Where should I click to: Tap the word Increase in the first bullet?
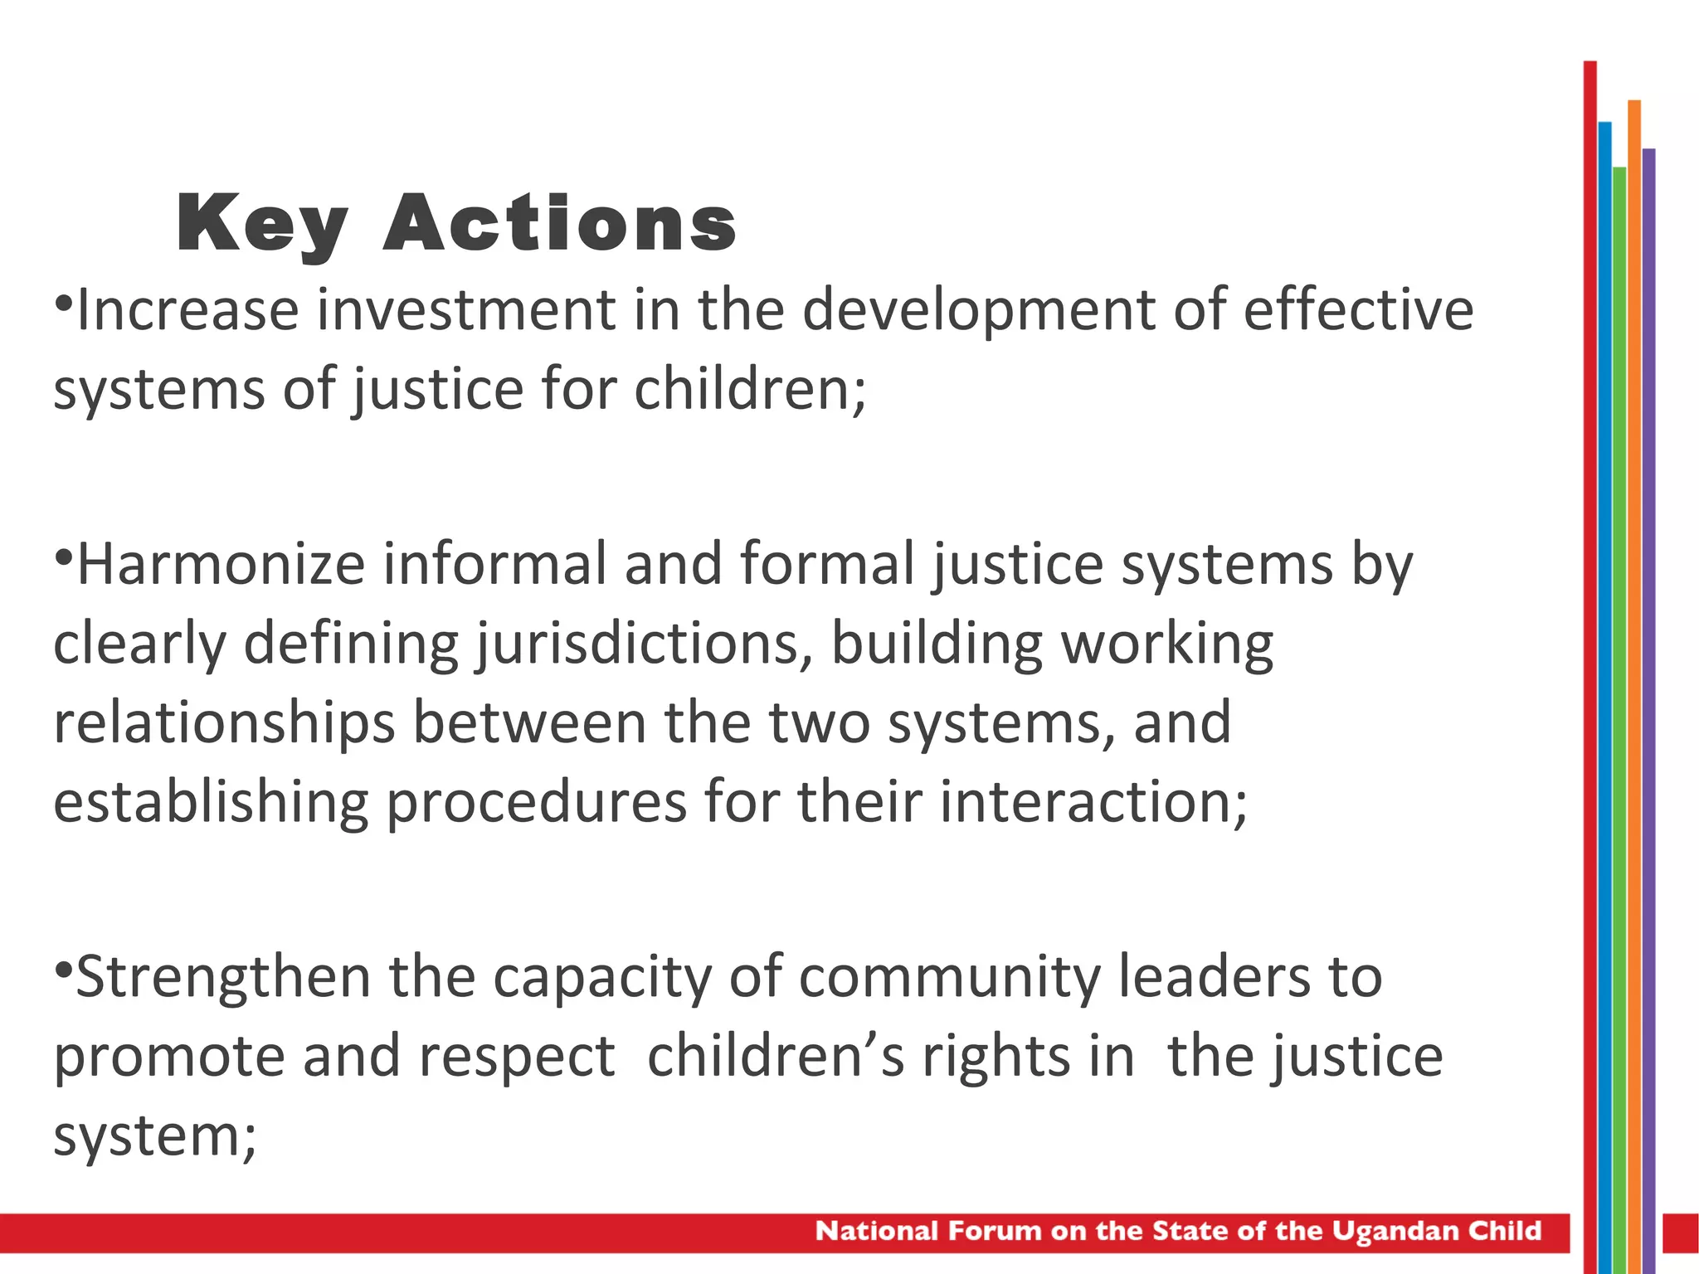tap(187, 310)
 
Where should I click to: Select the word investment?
tap(466, 310)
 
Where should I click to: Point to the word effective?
tap(1358, 310)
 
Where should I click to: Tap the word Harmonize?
tap(221, 565)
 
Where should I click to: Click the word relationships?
tap(224, 723)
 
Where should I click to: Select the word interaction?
tap(1093, 802)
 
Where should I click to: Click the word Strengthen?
tap(222, 977)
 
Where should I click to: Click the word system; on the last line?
tap(155, 1136)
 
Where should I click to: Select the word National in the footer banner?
tap(876, 1231)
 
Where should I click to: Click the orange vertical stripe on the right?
tap(1634, 664)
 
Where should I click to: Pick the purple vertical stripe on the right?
tap(1648, 664)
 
